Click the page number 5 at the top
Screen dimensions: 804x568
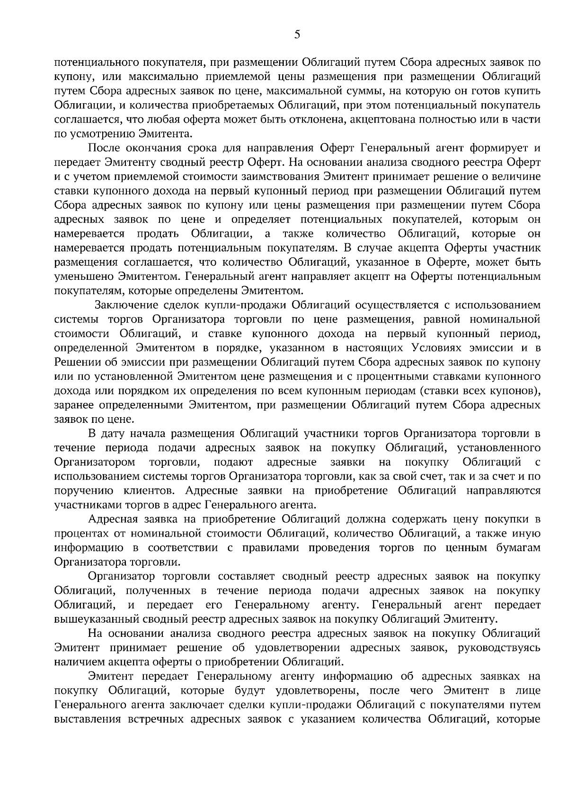pos(297,34)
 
